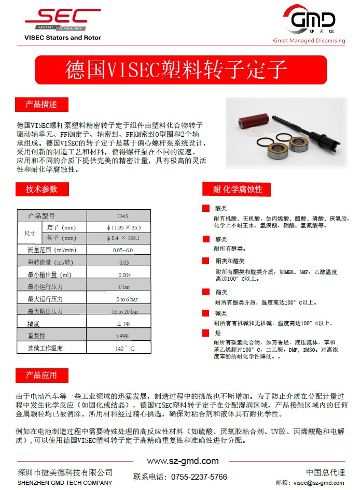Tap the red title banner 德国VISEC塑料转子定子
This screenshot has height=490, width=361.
coord(180,69)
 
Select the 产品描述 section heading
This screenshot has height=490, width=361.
coord(41,104)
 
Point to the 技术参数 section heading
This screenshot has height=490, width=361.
coord(41,189)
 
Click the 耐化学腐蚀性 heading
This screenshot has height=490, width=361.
coord(238,189)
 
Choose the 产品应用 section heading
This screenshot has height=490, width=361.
coord(41,375)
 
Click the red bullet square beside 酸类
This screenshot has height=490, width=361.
coord(206,208)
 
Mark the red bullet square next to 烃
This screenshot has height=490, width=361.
coord(206,332)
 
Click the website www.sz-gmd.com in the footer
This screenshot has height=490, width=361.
coord(183,461)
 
